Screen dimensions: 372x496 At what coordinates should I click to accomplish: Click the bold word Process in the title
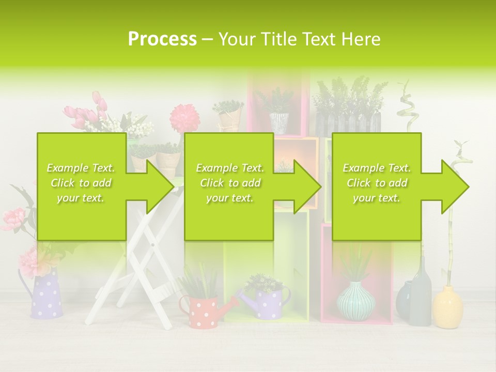tap(162, 39)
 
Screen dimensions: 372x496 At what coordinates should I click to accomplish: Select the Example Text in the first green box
tap(81, 168)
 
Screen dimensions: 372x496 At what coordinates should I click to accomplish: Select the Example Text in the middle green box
tap(230, 168)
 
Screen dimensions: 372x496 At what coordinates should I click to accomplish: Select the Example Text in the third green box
tap(377, 168)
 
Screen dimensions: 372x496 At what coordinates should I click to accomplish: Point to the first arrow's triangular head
tap(158, 187)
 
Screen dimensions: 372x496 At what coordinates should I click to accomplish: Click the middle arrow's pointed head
tap(306, 187)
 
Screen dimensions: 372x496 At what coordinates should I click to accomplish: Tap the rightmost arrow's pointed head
tap(454, 187)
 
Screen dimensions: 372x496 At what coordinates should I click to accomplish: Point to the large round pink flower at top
tap(184, 117)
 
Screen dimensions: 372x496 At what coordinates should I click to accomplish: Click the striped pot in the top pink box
tap(279, 123)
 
